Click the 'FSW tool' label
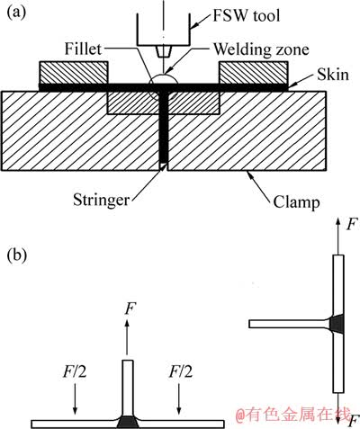coord(247,15)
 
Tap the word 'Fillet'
coord(83,49)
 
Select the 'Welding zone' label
coord(261,49)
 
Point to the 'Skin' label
coord(333,75)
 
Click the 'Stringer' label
coord(102,200)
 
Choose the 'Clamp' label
coord(296,202)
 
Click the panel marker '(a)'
coord(16,13)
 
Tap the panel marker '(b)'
coord(17,255)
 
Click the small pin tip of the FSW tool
coord(164,51)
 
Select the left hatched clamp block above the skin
coord(74,73)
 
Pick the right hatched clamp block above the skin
coord(254,73)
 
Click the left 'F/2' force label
coord(75,372)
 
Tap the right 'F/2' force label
coord(181,371)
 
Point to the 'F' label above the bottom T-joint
coord(129,308)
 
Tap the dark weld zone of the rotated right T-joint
coord(337,324)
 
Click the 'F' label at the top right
coord(352,224)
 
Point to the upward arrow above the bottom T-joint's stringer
coord(127,337)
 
